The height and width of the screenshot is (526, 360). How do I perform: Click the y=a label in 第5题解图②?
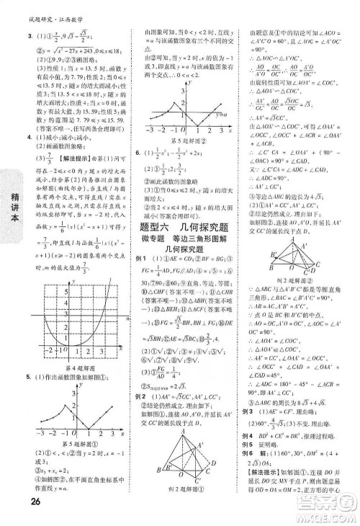pos(224,113)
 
